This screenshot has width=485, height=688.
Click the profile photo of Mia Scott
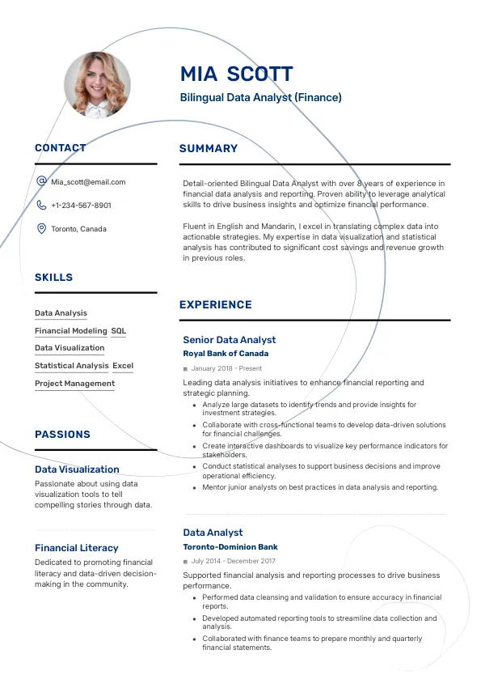97,85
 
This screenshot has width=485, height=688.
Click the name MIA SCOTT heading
236,74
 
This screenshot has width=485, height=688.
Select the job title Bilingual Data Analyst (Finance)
260,98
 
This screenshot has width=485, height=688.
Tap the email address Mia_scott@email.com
88,182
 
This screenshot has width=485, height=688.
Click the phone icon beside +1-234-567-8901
41,206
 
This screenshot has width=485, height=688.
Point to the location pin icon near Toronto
41,229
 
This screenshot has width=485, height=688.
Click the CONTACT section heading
60,148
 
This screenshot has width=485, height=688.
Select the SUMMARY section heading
209,149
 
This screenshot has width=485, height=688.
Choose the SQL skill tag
119,331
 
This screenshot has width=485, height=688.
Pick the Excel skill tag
123,366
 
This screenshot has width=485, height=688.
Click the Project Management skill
74,384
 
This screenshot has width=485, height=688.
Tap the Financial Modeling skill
70,331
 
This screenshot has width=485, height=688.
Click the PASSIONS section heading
62,435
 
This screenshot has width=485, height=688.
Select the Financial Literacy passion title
76,548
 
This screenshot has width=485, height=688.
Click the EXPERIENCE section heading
215,305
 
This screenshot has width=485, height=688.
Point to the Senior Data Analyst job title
229,340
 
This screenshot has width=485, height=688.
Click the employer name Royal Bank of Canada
226,354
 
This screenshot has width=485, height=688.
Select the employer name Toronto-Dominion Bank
230,547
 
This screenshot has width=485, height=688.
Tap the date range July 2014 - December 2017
233,561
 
